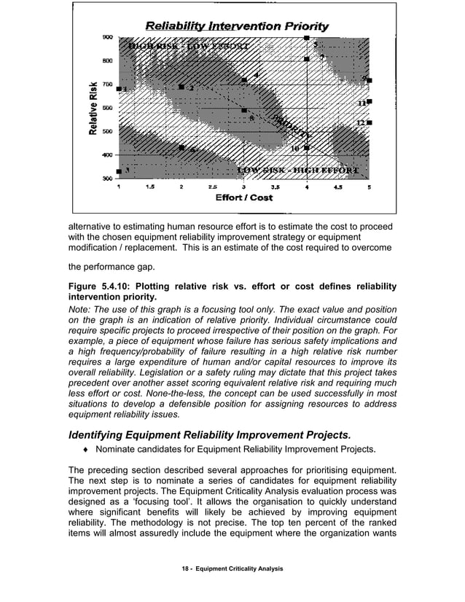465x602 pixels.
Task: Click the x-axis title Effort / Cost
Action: (243, 198)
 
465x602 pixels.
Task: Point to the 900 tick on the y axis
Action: (106, 36)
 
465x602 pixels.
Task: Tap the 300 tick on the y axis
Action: (106, 178)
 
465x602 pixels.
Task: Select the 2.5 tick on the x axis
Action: (213, 187)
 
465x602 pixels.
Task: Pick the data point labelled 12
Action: (370, 122)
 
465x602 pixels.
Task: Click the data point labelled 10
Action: (307, 148)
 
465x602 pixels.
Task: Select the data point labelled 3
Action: (120, 171)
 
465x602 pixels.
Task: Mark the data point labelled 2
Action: (181, 87)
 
